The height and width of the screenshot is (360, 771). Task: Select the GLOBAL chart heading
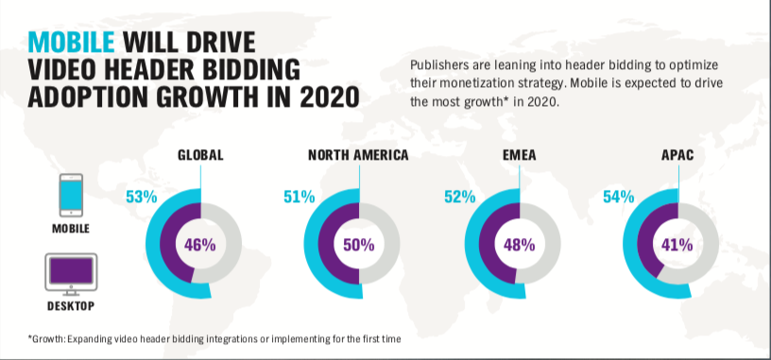[x=200, y=156]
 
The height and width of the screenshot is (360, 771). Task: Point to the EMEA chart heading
[x=518, y=156]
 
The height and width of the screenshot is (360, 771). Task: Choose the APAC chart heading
[x=677, y=156]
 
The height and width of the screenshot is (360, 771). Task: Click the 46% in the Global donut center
[x=200, y=245]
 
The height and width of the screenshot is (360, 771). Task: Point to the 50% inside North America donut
[x=358, y=245]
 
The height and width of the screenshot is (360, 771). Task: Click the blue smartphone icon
[x=72, y=196]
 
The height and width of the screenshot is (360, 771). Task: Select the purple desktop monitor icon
[x=72, y=274]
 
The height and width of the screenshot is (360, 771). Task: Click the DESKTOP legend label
[x=72, y=306]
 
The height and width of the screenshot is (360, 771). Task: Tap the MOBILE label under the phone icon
[x=72, y=229]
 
